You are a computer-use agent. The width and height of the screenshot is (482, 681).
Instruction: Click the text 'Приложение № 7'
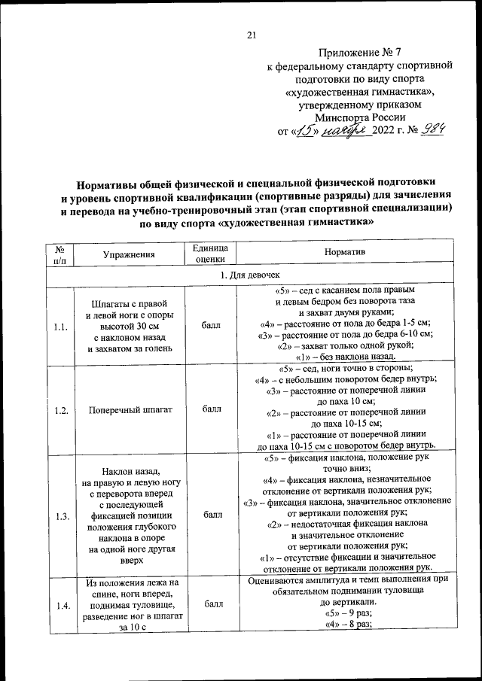(361, 53)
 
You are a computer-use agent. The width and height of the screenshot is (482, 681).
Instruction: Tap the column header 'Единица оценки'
(211, 254)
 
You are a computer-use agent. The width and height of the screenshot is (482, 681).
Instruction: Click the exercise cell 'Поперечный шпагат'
(130, 410)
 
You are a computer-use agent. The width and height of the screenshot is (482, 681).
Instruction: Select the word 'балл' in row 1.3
(212, 515)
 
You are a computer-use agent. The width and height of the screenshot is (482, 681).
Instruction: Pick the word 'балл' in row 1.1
(212, 327)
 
